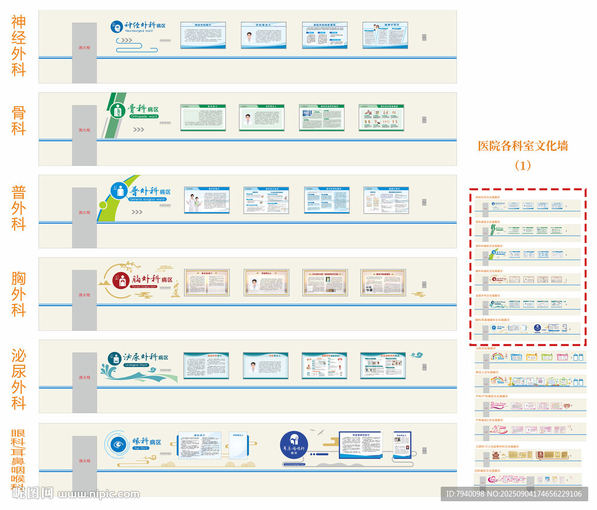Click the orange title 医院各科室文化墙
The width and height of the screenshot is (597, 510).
pos(523,146)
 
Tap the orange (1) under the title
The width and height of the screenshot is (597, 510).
pos(523,166)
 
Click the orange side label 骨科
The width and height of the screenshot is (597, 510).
pos(19,120)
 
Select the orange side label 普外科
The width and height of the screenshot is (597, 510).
pos(19,208)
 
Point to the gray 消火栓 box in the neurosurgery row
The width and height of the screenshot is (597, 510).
pos(85,52)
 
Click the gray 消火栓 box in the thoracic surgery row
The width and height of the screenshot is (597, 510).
pos(85,300)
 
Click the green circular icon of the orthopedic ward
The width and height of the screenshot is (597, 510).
pos(118,110)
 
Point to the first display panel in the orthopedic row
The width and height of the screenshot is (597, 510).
pos(202,117)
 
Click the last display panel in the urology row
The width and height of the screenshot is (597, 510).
pos(383,365)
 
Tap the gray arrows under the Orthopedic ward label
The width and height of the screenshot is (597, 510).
pos(138,129)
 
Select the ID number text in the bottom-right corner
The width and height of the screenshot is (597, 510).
pos(513,494)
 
